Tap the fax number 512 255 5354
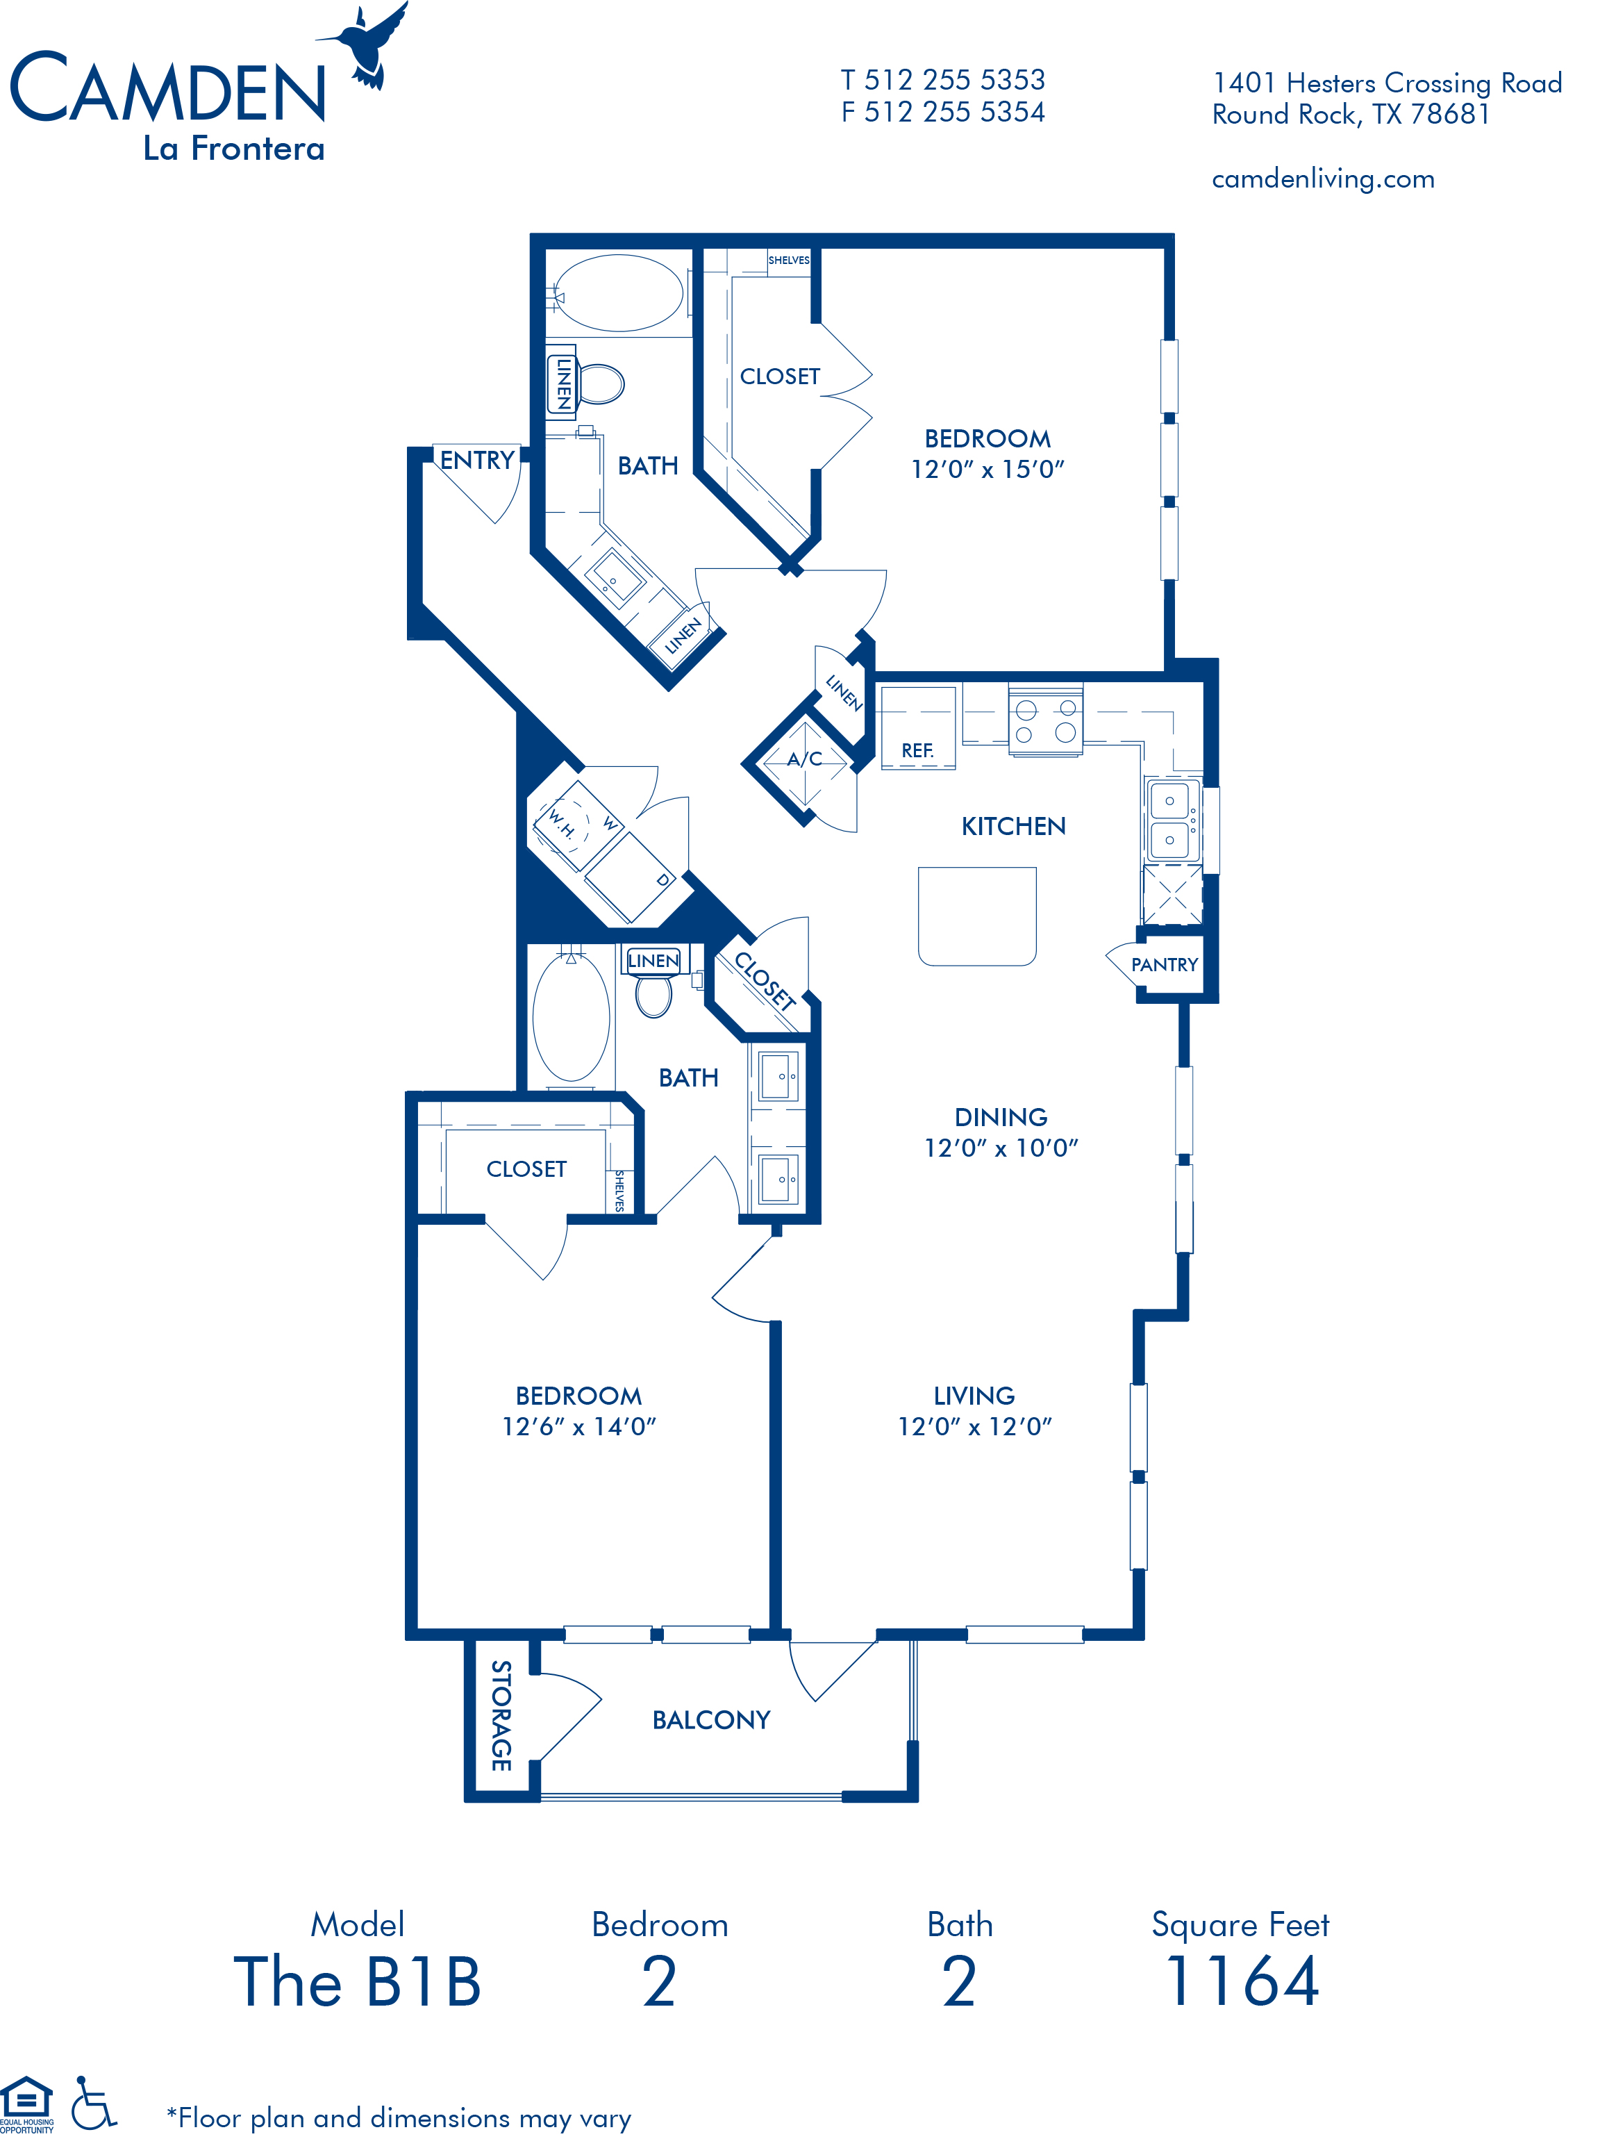953,112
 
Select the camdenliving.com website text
1322,179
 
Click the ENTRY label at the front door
476,461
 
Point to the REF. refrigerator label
917,750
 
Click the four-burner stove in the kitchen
1045,720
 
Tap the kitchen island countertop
976,916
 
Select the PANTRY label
1164,965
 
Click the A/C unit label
804,759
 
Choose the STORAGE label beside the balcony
501,1715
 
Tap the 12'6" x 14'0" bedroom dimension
578,1426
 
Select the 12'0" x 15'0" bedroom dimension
987,469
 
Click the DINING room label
1001,1118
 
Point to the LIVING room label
974,1396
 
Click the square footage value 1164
1242,1981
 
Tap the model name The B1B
358,1981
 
